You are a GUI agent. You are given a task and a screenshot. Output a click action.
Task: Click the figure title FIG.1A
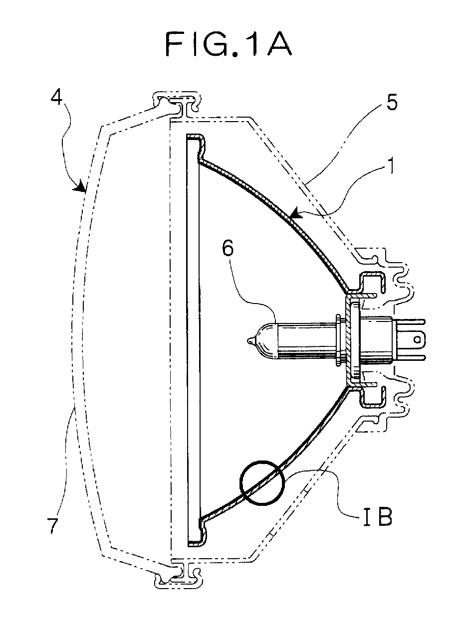(229, 44)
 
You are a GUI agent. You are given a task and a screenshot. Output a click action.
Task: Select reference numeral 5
(391, 103)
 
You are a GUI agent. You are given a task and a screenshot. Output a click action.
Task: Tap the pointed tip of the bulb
(249, 341)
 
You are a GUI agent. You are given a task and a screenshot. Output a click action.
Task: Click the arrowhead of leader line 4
(79, 186)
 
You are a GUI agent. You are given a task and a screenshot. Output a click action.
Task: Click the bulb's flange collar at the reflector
(339, 341)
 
